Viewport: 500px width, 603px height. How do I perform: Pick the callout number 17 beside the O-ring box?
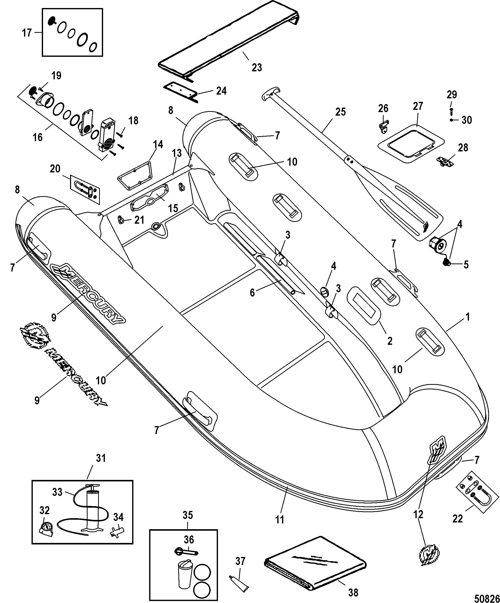click(27, 33)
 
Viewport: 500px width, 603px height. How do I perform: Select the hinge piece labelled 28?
click(445, 161)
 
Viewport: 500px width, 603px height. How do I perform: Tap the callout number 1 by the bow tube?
click(467, 317)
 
